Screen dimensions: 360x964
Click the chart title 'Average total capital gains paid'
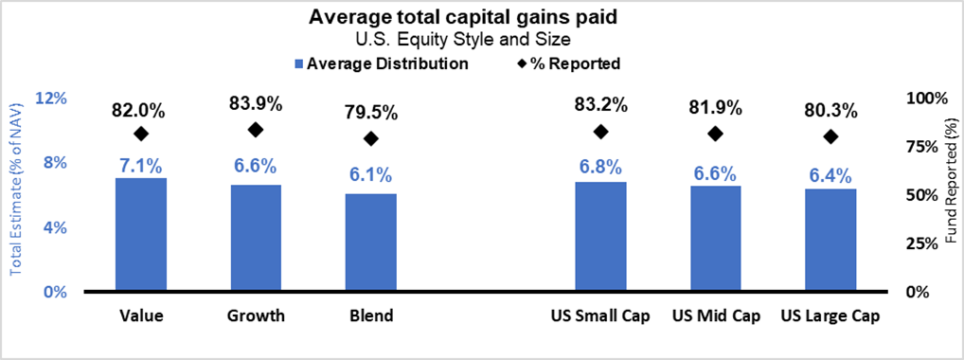482,17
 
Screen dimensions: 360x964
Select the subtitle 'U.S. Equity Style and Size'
482,40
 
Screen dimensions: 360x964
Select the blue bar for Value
141,234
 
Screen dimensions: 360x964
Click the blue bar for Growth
256,238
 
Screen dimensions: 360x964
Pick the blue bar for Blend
371,242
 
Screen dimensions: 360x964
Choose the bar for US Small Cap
600,236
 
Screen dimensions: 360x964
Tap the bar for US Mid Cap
716,238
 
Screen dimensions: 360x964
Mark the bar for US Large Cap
830,240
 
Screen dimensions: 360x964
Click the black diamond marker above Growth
256,130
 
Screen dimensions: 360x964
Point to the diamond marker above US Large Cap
830,136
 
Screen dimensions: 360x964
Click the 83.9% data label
256,104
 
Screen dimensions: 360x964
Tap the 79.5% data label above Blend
371,113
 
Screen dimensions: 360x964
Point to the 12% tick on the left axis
51,99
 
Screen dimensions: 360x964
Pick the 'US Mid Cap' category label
716,315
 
